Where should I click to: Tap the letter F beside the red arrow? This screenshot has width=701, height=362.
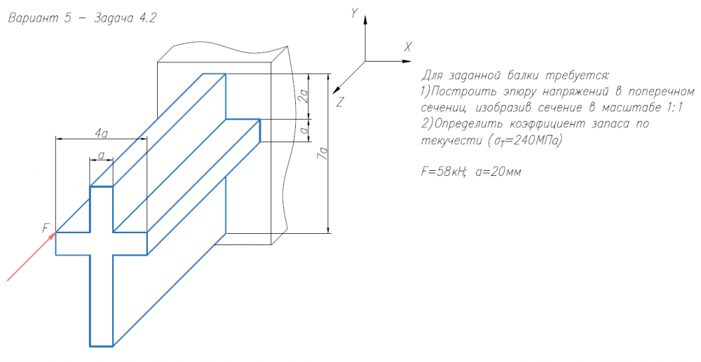coord(46,228)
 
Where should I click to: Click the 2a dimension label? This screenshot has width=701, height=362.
coord(301,96)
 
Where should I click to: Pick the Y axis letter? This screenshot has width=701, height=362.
coord(355,13)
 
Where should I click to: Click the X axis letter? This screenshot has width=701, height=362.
coord(407,46)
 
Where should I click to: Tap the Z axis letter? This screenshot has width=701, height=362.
coord(339,102)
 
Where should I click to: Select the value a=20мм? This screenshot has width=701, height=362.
coord(497,171)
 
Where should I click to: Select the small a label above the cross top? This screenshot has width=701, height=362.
coord(102,155)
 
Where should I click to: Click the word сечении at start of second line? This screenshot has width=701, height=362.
coord(444,108)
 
